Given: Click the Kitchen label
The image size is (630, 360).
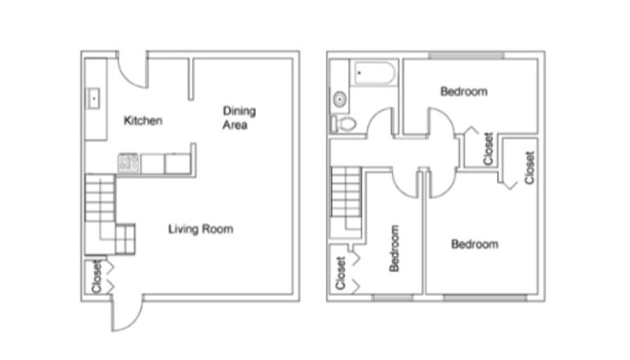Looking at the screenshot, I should (143, 121).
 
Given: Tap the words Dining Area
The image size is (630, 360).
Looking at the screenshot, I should (239, 118).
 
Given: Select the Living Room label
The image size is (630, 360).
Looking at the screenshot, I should (200, 229).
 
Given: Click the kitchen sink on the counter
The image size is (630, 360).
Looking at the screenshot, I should (94, 98).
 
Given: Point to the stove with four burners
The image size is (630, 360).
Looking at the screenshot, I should (129, 163).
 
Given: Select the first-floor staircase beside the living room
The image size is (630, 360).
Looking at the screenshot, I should (99, 204).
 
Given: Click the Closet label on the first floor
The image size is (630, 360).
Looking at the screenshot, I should (96, 277).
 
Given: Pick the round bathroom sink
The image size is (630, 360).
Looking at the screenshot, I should (340, 99).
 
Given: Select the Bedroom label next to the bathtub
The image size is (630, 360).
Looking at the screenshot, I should (463, 91).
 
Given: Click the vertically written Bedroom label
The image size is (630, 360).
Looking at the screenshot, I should (394, 248).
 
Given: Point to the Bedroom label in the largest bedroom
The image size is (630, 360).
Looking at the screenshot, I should (475, 244).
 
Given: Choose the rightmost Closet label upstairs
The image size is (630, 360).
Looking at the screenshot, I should (529, 167).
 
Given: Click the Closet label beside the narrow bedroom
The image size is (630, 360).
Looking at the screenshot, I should (340, 273).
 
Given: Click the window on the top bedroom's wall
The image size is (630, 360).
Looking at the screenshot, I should (465, 55).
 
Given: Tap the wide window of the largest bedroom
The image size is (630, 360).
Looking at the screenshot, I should (484, 297).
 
